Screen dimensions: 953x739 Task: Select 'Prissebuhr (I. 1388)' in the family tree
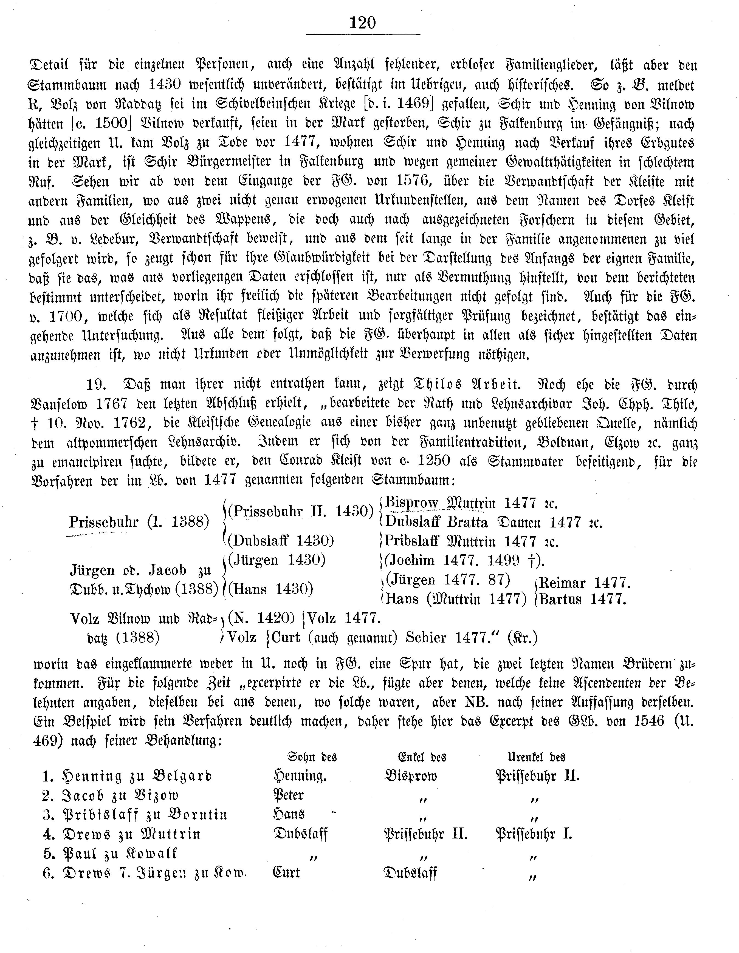point(139,522)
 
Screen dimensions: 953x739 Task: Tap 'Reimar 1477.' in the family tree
point(584,583)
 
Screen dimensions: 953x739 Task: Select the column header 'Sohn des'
point(311,756)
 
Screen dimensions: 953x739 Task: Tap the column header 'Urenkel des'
point(536,756)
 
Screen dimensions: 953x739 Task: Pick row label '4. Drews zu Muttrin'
point(122,834)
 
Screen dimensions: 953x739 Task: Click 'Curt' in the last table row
point(286,872)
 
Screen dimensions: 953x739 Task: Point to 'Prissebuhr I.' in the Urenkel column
point(534,834)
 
